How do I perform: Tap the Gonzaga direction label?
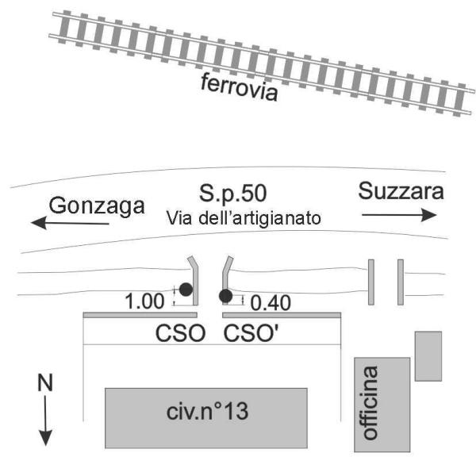click(97, 205)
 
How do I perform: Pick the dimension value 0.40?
click(270, 301)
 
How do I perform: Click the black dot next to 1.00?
click(185, 290)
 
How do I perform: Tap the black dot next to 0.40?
click(225, 297)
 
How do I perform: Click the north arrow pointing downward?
click(45, 420)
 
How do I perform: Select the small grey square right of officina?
click(428, 355)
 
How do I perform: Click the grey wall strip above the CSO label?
click(142, 315)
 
